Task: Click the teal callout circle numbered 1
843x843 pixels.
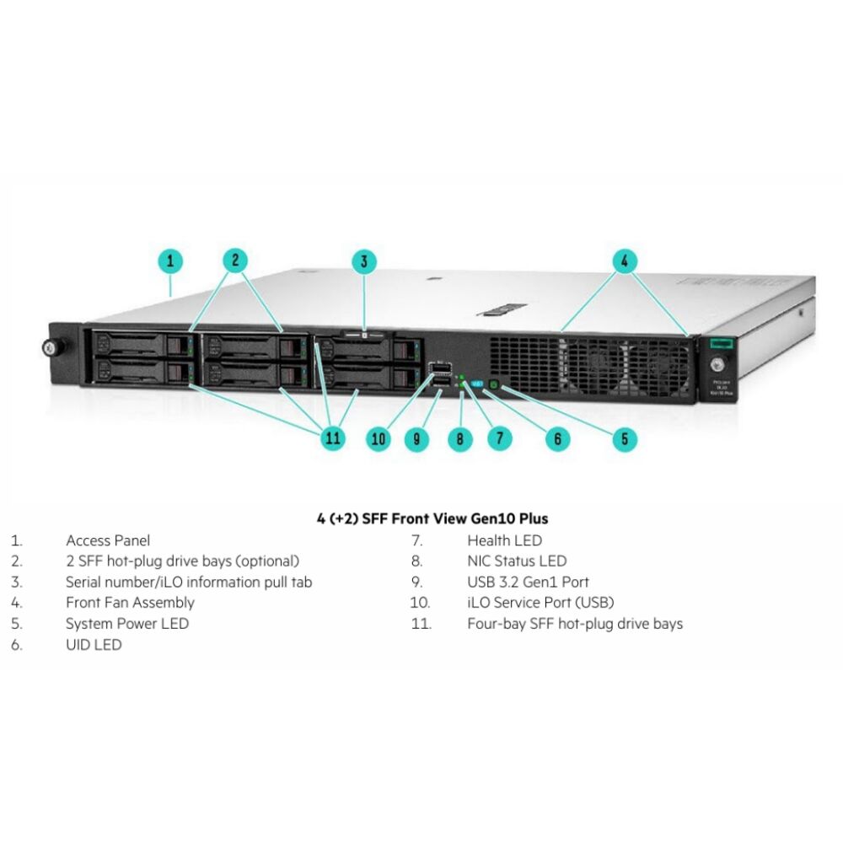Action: (x=170, y=261)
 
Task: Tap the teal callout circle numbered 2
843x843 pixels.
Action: (x=237, y=261)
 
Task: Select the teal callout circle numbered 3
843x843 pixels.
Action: (x=363, y=261)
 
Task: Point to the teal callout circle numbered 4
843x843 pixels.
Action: (x=624, y=261)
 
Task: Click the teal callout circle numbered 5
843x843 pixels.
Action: (x=624, y=438)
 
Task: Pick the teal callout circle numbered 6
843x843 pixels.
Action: (x=557, y=438)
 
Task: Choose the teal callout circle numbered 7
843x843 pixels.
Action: (x=499, y=438)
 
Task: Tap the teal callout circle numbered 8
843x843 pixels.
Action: (x=459, y=438)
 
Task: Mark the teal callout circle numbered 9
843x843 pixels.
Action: (x=416, y=438)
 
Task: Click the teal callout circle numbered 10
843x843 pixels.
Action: (x=379, y=438)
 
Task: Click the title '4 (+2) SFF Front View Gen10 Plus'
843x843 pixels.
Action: (x=432, y=518)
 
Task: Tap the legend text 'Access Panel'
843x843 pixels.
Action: (x=108, y=540)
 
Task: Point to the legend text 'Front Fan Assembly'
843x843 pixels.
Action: (x=130, y=603)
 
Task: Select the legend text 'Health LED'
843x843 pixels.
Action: (x=504, y=540)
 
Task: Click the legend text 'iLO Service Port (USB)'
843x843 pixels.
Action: (x=540, y=603)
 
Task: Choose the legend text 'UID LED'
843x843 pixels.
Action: (x=94, y=645)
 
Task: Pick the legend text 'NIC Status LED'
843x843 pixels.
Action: (x=517, y=561)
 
